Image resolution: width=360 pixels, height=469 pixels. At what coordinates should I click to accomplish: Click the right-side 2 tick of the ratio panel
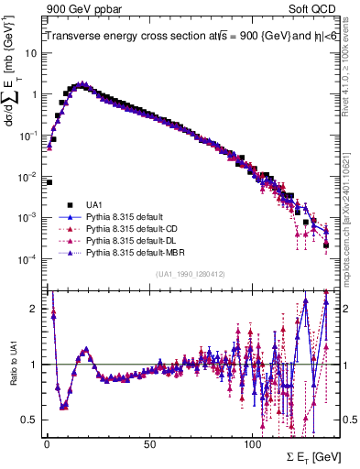coord(347,309)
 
